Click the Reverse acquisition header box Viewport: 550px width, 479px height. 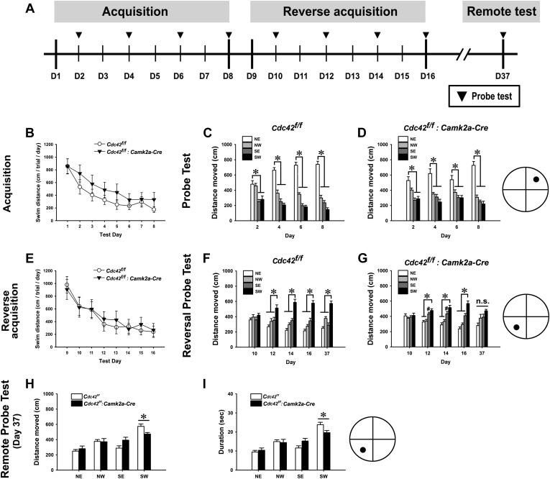[x=337, y=12]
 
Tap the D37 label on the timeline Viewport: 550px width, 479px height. [x=503, y=76]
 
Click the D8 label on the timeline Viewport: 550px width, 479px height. [x=229, y=76]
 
